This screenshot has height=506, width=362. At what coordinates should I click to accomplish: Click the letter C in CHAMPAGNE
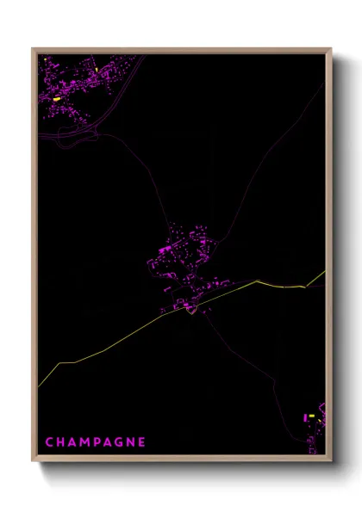tap(48, 442)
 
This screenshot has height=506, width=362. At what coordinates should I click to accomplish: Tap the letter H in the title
tap(60, 442)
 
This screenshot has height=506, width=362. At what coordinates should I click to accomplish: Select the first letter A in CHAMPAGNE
tap(72, 442)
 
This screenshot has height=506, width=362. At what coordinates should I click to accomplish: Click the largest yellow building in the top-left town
tap(57, 99)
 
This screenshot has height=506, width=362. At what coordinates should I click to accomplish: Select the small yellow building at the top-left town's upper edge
tap(97, 69)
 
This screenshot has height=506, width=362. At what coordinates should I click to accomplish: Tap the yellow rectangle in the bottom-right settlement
tap(312, 416)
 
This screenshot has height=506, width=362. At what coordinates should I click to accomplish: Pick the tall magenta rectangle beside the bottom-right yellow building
tap(305, 418)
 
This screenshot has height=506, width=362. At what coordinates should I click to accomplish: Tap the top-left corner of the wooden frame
tap(34, 49)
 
